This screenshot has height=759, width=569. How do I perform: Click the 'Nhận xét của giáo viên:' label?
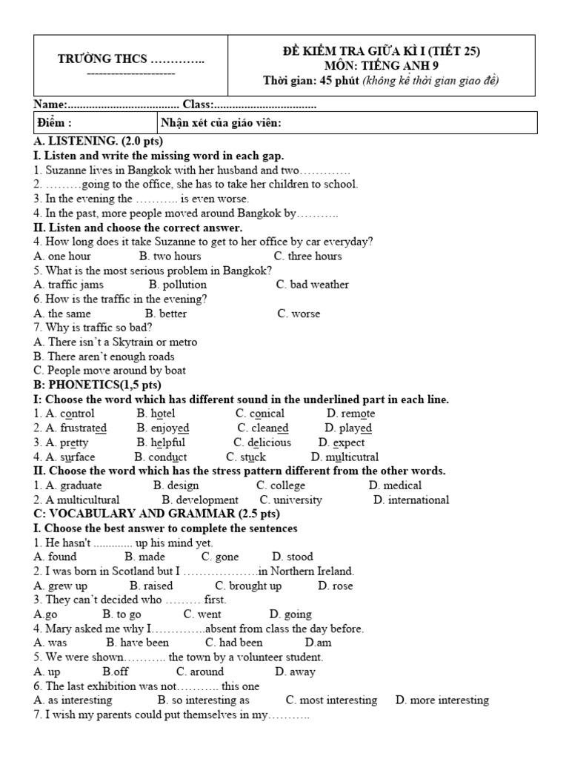point(221,123)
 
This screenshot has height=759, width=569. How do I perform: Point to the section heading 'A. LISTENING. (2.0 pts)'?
point(99,141)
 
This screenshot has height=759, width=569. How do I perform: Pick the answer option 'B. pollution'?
point(178,285)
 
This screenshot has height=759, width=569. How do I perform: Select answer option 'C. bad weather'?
point(312,285)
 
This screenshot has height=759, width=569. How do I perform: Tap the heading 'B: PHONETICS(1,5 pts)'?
point(97,385)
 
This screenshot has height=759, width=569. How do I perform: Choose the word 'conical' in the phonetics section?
point(267,414)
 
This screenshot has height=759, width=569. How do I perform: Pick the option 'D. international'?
point(411,500)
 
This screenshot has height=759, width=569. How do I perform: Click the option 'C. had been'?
point(233,643)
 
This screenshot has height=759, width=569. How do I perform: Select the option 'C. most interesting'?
point(331,700)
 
